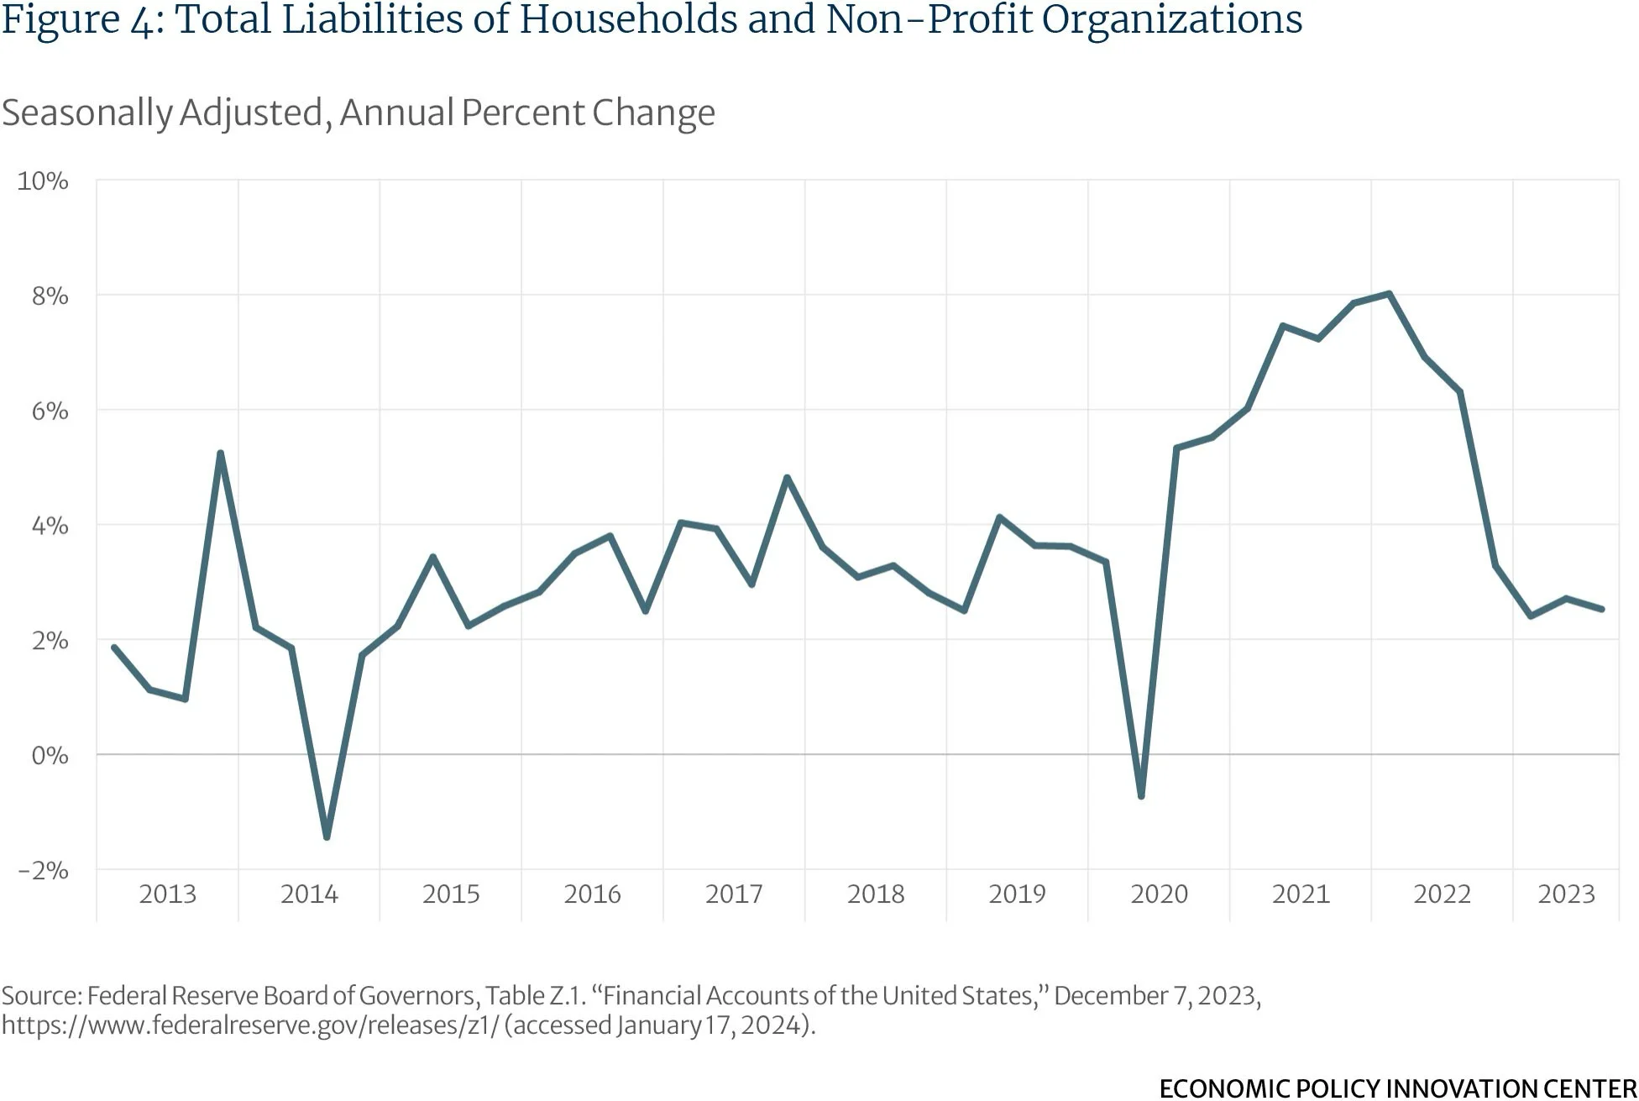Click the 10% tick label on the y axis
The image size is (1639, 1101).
43,181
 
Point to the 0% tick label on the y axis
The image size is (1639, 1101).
50,755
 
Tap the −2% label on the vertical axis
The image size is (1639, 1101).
43,870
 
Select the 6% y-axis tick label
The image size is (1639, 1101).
50,411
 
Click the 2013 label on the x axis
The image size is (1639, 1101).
167,894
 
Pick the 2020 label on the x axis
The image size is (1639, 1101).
1159,894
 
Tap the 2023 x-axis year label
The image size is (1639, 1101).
1566,894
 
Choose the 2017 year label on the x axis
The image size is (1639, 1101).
734,894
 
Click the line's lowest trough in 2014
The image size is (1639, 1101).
327,836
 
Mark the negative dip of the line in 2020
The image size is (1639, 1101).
1141,795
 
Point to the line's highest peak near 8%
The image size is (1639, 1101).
1390,294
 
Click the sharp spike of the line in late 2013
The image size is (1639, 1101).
220,454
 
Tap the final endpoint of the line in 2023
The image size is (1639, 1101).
1601,609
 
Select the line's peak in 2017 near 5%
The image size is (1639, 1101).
787,477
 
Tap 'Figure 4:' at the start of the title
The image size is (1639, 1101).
82,20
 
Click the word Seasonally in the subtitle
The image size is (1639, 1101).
87,113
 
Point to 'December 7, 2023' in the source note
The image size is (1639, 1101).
1156,996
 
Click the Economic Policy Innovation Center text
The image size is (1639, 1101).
1397,1088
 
